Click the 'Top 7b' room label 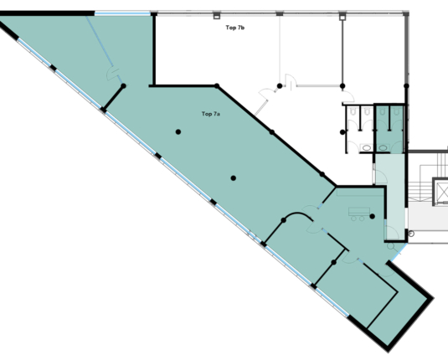[234, 28]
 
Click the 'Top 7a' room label [210, 114]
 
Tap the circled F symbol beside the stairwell [411, 234]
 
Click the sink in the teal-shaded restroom [384, 147]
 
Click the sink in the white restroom [367, 147]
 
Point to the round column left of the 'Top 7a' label [178, 131]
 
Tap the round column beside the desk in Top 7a [372, 216]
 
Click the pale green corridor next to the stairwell [390, 197]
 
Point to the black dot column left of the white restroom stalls [342, 132]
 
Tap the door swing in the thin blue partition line [112, 74]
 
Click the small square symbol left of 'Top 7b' [217, 16]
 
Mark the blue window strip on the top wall [122, 13]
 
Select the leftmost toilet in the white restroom [353, 111]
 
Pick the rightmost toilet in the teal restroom [396, 111]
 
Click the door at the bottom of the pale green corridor [392, 233]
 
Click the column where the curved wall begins [283, 220]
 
